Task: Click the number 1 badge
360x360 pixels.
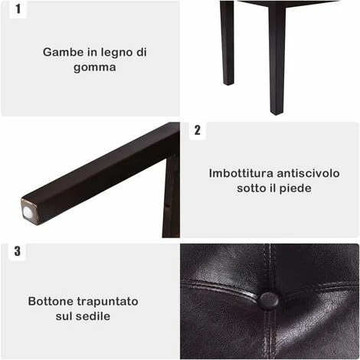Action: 18,9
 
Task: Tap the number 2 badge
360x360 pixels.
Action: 198,130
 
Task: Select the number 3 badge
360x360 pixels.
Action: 17,251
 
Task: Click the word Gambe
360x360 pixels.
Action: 64,52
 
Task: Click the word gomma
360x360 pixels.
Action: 95,68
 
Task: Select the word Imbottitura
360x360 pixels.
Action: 241,173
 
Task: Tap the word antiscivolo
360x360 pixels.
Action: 308,173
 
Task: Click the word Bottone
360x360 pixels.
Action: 51,301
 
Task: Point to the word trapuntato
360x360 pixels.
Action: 107,302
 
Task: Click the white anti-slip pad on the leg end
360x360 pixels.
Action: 28,211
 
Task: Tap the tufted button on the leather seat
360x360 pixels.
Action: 269,300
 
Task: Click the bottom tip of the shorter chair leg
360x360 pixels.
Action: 228,84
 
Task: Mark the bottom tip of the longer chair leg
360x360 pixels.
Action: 277,113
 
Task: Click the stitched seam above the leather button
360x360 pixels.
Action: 270,268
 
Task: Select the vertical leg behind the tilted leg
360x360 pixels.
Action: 172,198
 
